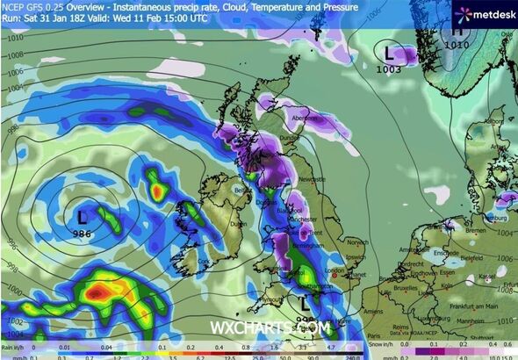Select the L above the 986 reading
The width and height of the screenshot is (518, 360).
[83, 215]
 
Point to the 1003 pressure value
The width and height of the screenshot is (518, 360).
[389, 68]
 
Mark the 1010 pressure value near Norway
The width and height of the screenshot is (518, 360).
[457, 44]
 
